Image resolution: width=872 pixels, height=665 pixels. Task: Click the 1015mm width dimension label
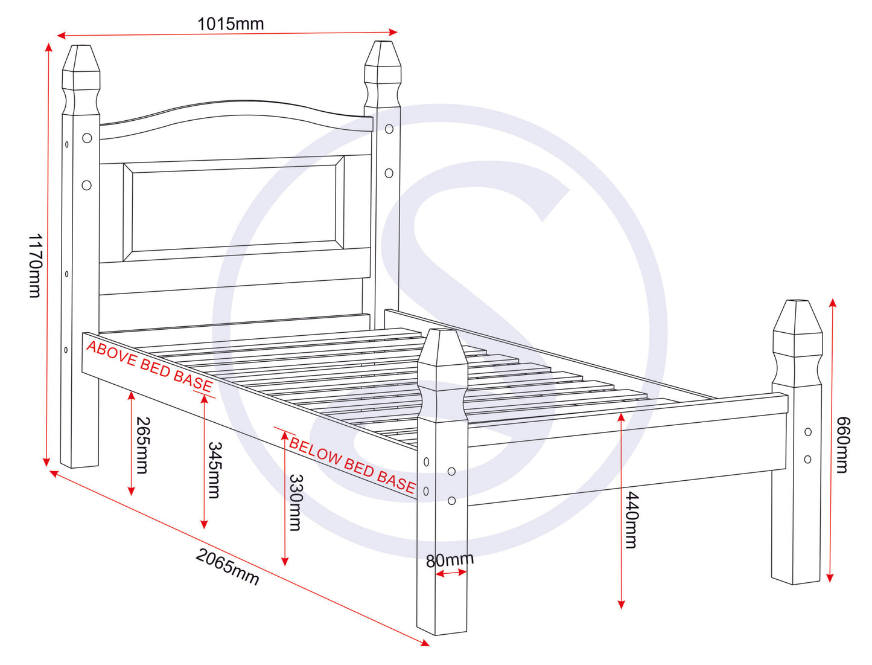coord(231,24)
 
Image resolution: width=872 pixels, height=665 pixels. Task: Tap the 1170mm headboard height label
coord(35,265)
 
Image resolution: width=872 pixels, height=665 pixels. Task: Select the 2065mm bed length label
coord(228,567)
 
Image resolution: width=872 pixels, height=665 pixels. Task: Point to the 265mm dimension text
coord(142,445)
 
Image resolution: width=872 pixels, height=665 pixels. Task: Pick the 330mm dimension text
coord(296,502)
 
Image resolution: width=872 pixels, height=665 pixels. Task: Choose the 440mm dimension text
coord(632,519)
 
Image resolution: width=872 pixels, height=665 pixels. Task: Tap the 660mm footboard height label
coord(842,445)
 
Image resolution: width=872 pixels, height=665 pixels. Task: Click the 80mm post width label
coord(450,560)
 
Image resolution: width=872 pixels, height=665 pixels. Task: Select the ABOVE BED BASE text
coord(150,365)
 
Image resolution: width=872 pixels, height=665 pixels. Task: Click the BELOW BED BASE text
coord(352,466)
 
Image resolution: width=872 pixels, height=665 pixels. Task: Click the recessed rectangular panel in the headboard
coord(234,208)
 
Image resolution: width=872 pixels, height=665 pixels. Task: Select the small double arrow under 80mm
coord(451,573)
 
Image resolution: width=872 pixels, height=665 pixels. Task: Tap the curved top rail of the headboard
coord(236,117)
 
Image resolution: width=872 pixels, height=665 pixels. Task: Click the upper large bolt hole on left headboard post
coord(87,138)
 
